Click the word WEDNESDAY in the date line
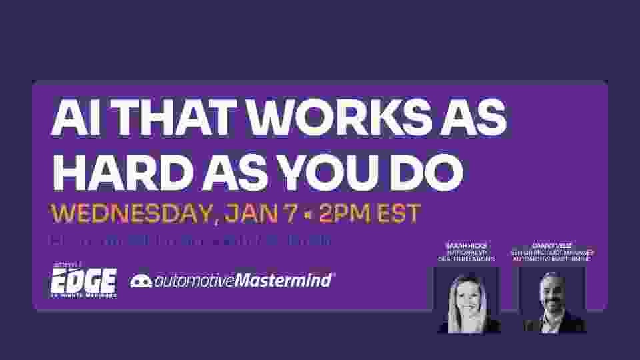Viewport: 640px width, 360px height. pyautogui.click(x=127, y=214)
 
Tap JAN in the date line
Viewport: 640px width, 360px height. pyautogui.click(x=249, y=214)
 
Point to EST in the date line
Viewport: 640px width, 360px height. pyautogui.click(x=398, y=214)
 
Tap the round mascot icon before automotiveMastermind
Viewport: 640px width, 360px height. pyautogui.click(x=141, y=281)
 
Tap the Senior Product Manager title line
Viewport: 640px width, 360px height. pyautogui.click(x=553, y=252)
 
